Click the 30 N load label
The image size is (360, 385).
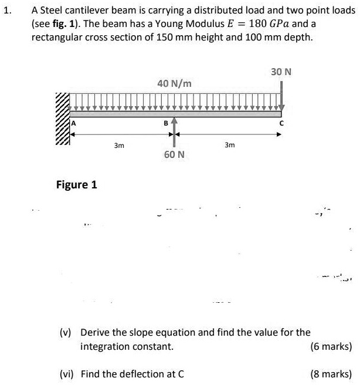coord(281,72)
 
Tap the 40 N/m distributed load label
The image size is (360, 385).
coord(174,84)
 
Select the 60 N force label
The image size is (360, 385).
coord(174,154)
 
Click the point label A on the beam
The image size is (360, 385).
coord(74,123)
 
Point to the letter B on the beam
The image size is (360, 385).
coord(165,123)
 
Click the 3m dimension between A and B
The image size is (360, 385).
coord(118,145)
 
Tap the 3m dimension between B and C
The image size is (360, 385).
coord(230,145)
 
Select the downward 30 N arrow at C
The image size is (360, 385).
coord(282,94)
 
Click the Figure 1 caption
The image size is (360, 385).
coord(76,185)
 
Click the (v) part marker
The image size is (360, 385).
coord(66,332)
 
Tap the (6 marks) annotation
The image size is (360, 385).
coord(331,346)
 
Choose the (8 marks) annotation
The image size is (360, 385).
coord(331,373)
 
